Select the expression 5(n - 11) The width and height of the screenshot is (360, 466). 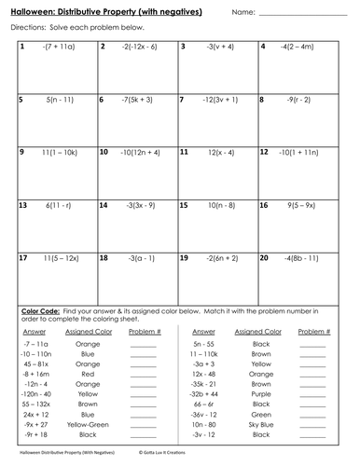click(60, 97)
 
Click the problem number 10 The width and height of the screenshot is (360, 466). click(103, 149)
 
